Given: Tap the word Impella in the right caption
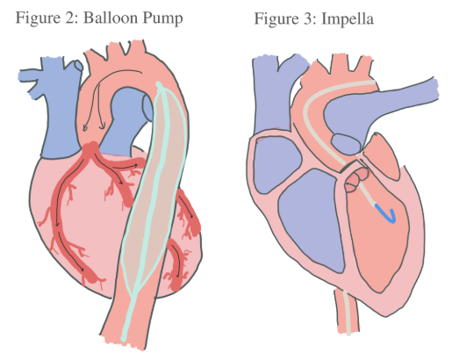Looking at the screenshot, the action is point(348,18).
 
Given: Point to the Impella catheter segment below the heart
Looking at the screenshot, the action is point(347,313).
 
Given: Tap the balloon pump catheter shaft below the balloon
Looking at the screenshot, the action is point(128,316).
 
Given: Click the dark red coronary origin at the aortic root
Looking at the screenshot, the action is point(92,148).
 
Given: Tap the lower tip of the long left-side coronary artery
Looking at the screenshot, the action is point(94,278).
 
